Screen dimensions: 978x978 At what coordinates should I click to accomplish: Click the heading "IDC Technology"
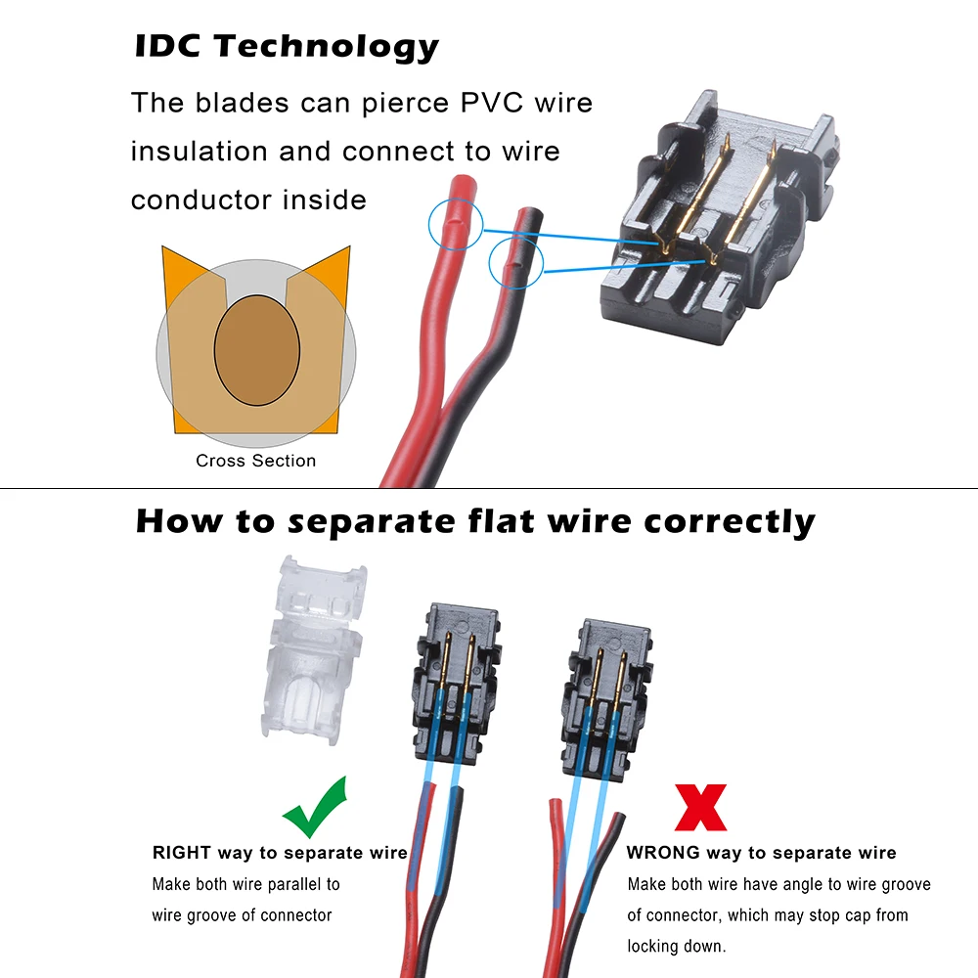(286, 47)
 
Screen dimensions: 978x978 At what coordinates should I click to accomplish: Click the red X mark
(701, 808)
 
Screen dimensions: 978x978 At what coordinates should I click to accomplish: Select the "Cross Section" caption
(256, 461)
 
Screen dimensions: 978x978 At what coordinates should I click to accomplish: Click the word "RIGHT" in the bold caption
(181, 853)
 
